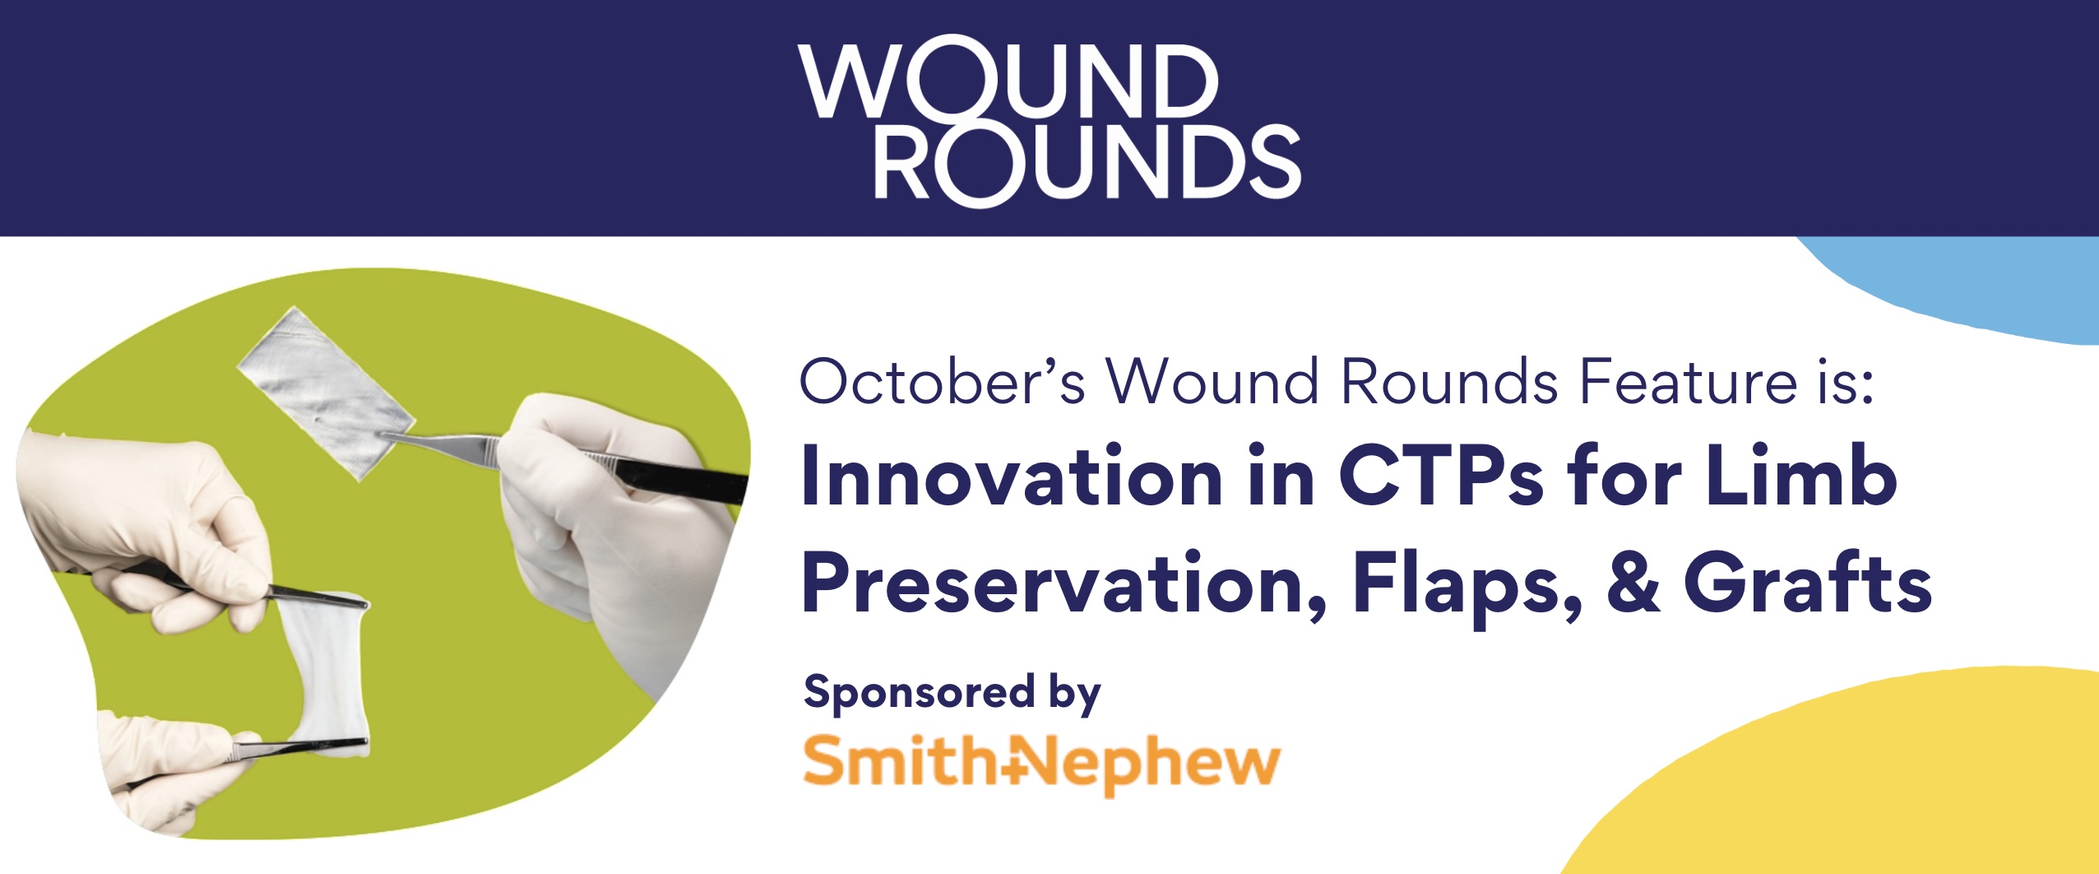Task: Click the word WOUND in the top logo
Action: pyautogui.click(x=1008, y=81)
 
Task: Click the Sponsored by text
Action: pyautogui.click(x=952, y=694)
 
